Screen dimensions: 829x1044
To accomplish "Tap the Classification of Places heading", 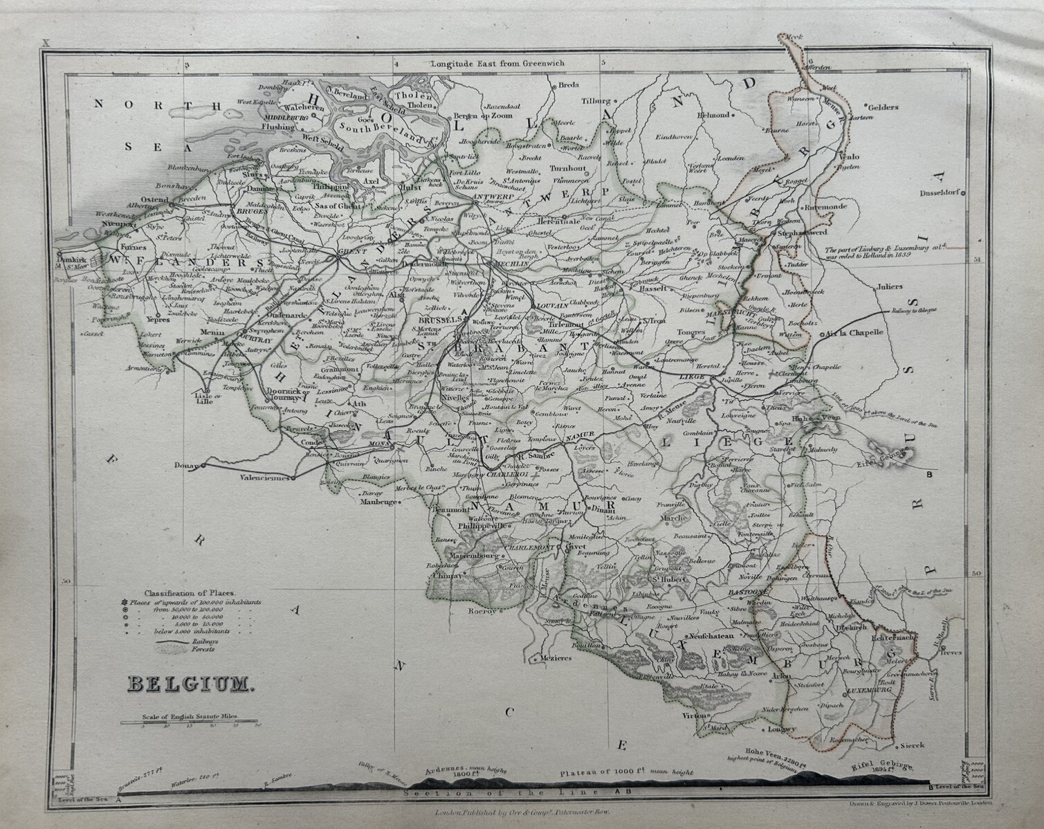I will [190, 593].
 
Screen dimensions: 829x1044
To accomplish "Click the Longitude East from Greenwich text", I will [497, 63].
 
